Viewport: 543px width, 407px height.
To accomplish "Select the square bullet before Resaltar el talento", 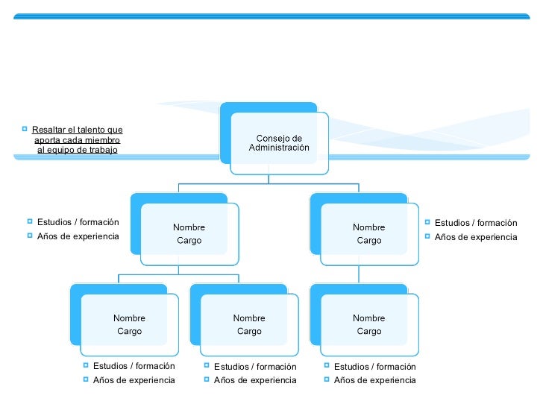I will (x=25, y=129).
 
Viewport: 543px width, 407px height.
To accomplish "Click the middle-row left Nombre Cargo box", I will (x=189, y=234).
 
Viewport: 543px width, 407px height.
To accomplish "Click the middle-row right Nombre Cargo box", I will (x=369, y=234).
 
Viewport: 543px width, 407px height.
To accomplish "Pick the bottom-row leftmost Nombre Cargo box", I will (x=129, y=325).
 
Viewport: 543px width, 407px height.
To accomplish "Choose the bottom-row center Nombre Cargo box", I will (x=249, y=325).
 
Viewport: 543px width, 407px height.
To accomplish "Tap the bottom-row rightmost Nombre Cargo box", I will (x=369, y=325).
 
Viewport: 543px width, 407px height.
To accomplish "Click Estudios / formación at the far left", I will (x=78, y=222).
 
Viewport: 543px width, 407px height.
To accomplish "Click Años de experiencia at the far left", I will (x=78, y=236).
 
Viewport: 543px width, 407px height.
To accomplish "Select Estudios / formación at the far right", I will (x=476, y=223).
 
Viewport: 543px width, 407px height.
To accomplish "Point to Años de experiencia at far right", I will (x=476, y=237).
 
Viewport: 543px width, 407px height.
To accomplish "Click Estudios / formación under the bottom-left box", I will (x=134, y=366).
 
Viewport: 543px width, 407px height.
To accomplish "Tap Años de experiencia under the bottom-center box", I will (x=255, y=380).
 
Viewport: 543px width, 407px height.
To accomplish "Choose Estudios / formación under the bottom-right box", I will (x=375, y=366).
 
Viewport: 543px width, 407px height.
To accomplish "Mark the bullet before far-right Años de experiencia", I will (x=427, y=236).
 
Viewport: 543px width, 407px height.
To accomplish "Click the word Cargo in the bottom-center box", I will (x=249, y=332).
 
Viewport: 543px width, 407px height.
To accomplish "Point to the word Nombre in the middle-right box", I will (x=369, y=227).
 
